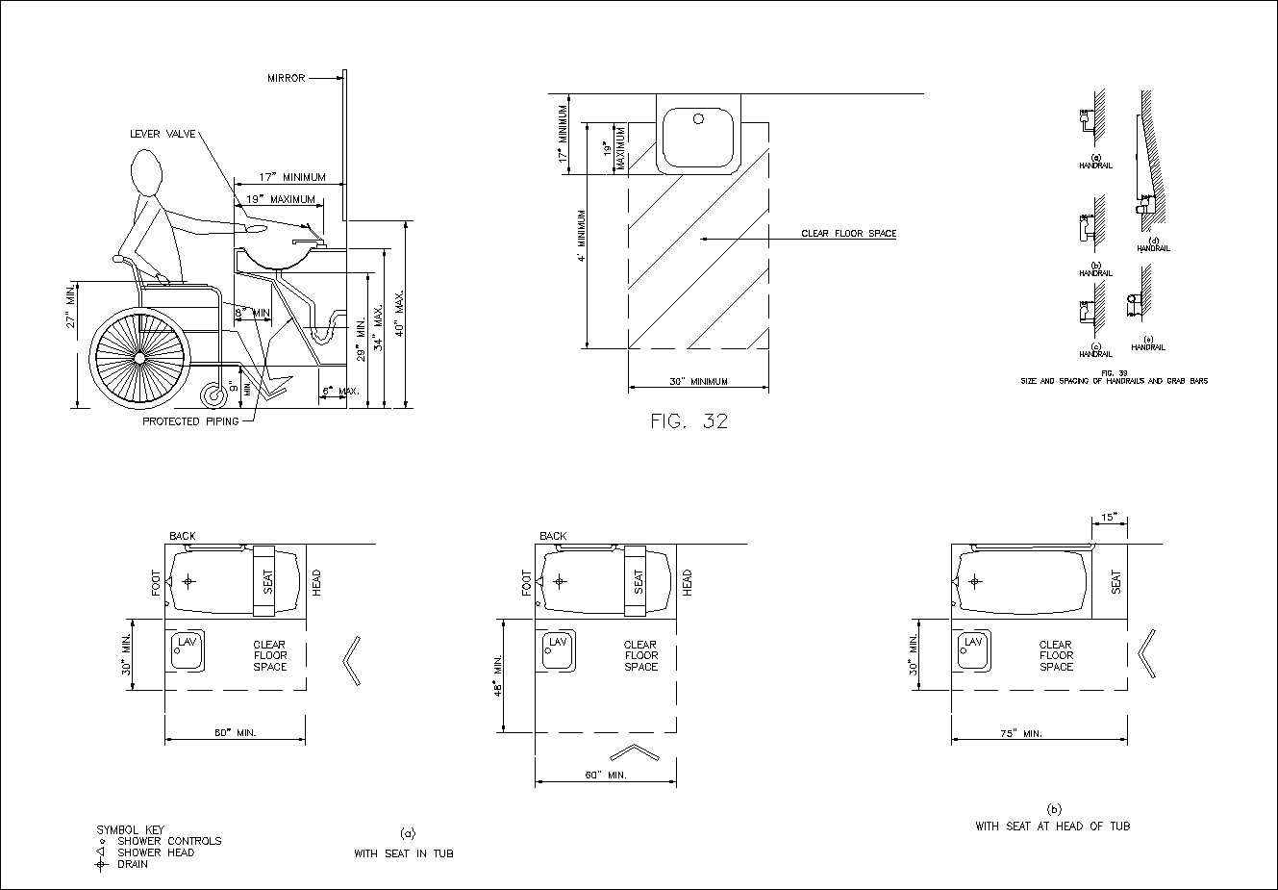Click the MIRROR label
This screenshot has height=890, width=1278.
[x=286, y=78]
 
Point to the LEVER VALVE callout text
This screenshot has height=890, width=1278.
[x=163, y=134]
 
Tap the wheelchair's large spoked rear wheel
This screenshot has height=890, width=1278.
[x=139, y=357]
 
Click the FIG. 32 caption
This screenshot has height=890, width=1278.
[x=689, y=420]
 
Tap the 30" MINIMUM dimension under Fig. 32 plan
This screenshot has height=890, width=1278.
[x=698, y=382]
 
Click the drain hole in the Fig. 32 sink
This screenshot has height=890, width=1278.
[x=699, y=120]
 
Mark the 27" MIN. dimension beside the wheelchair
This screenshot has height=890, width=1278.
[x=70, y=307]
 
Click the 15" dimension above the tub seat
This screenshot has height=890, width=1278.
[x=1109, y=518]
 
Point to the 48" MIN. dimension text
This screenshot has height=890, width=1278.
[x=499, y=676]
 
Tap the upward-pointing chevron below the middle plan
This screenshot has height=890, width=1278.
[x=634, y=751]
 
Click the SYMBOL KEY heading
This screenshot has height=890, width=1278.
[x=130, y=829]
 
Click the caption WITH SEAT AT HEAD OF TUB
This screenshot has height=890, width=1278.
[x=1052, y=826]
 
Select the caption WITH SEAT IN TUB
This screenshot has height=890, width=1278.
[x=403, y=853]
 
